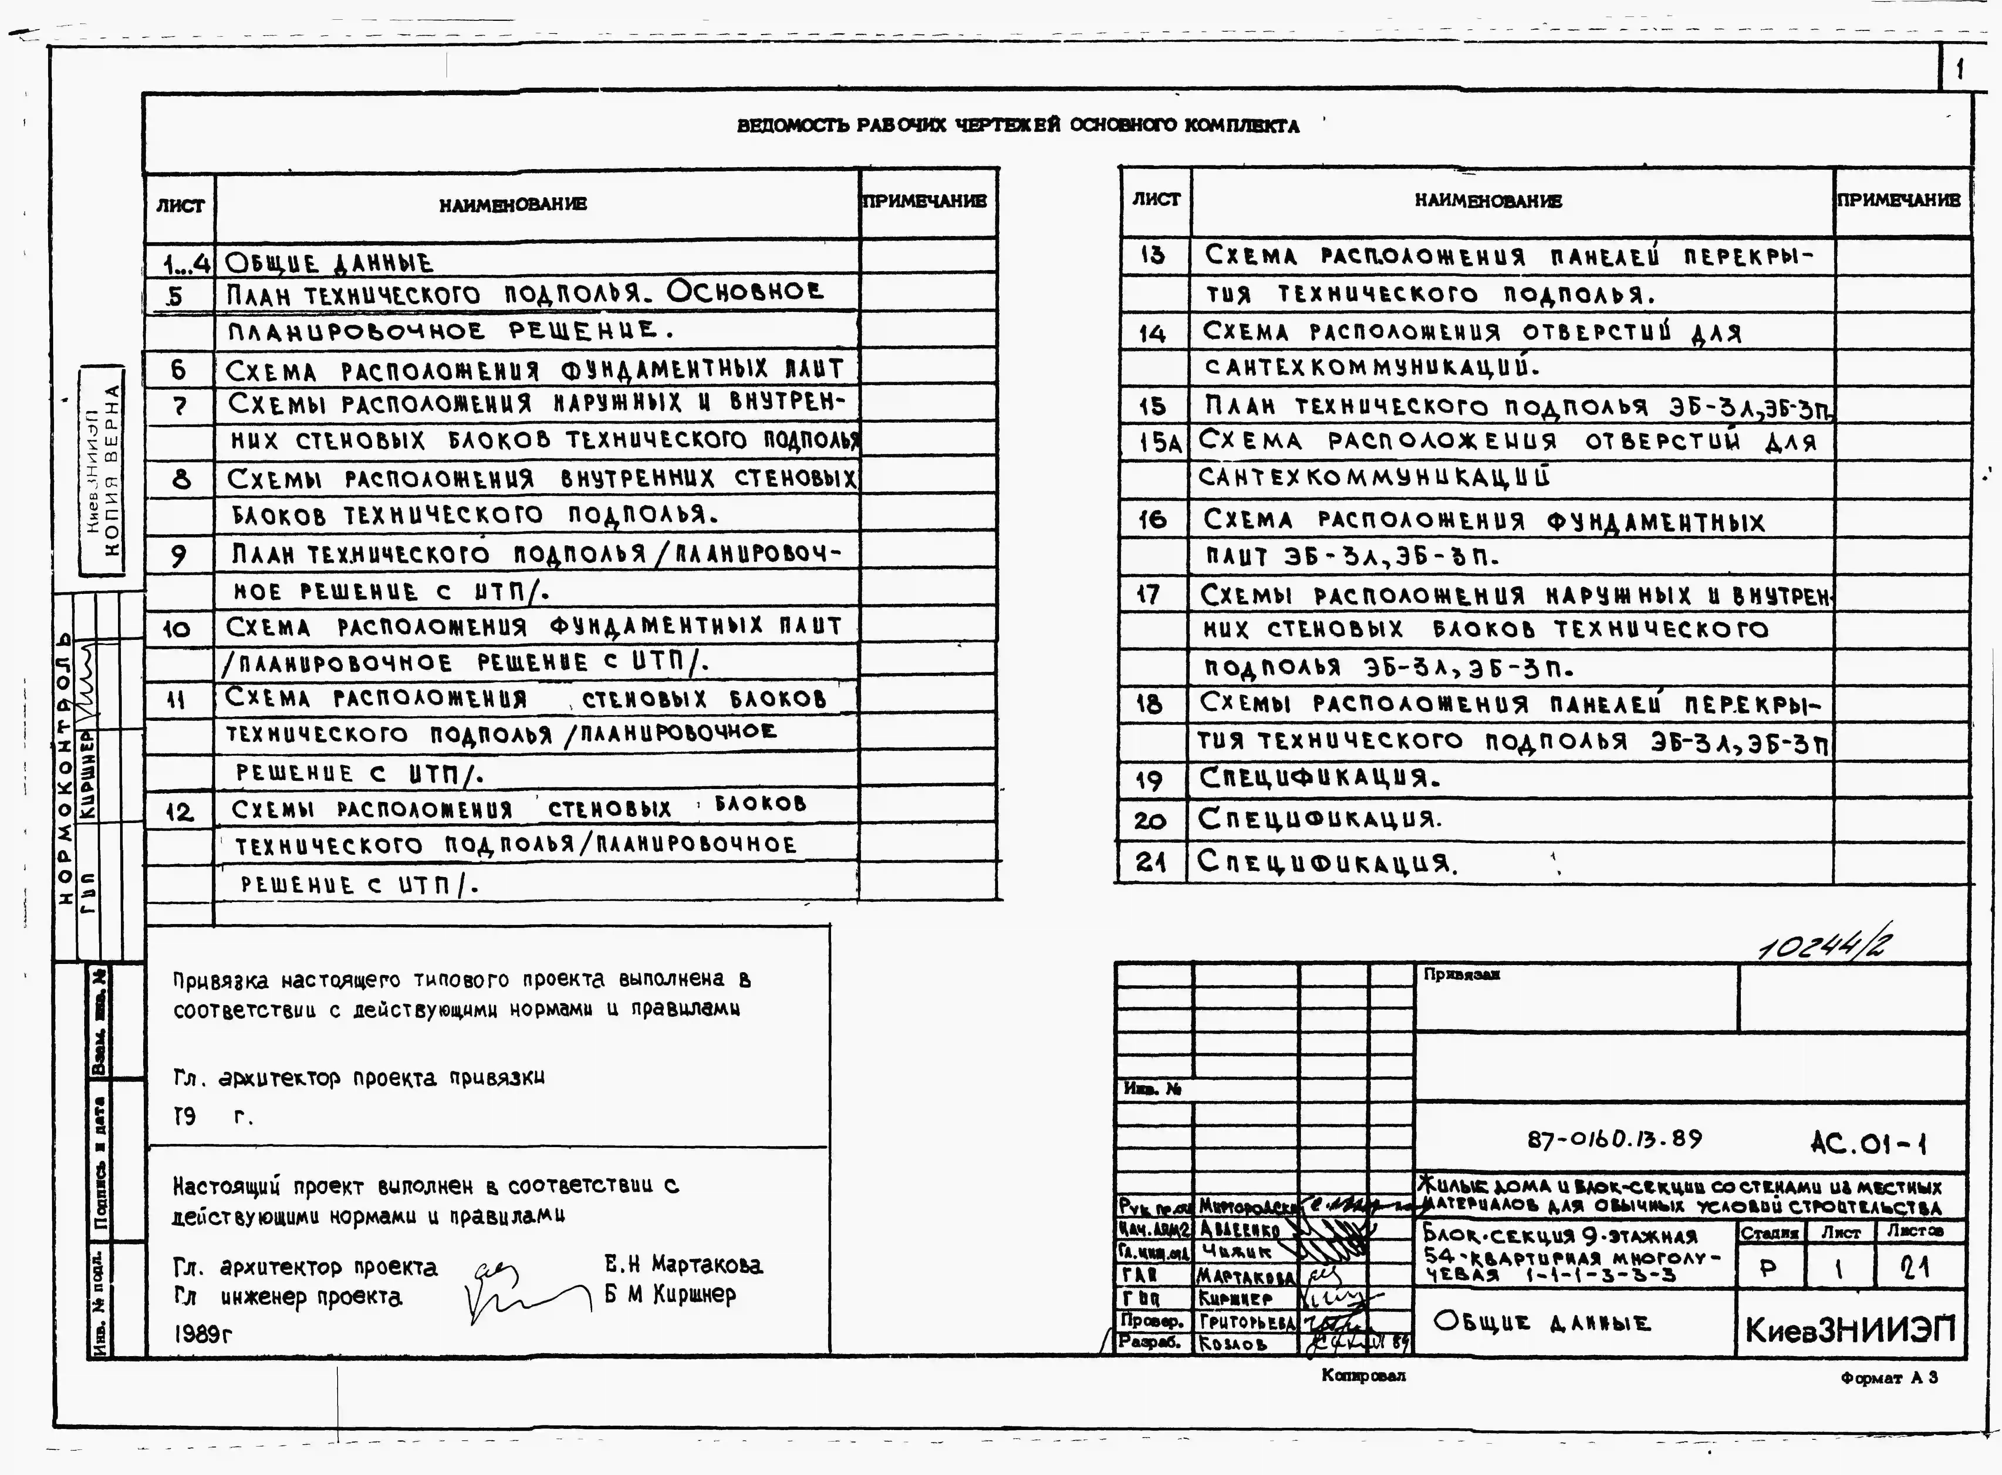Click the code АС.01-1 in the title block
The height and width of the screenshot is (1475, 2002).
pyautogui.click(x=1867, y=1143)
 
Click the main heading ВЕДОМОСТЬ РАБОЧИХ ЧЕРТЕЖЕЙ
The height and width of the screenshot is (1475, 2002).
pyautogui.click(x=1017, y=126)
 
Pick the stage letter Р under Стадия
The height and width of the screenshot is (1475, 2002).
pyautogui.click(x=1768, y=1268)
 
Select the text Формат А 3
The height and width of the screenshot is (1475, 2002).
pyautogui.click(x=1889, y=1378)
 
